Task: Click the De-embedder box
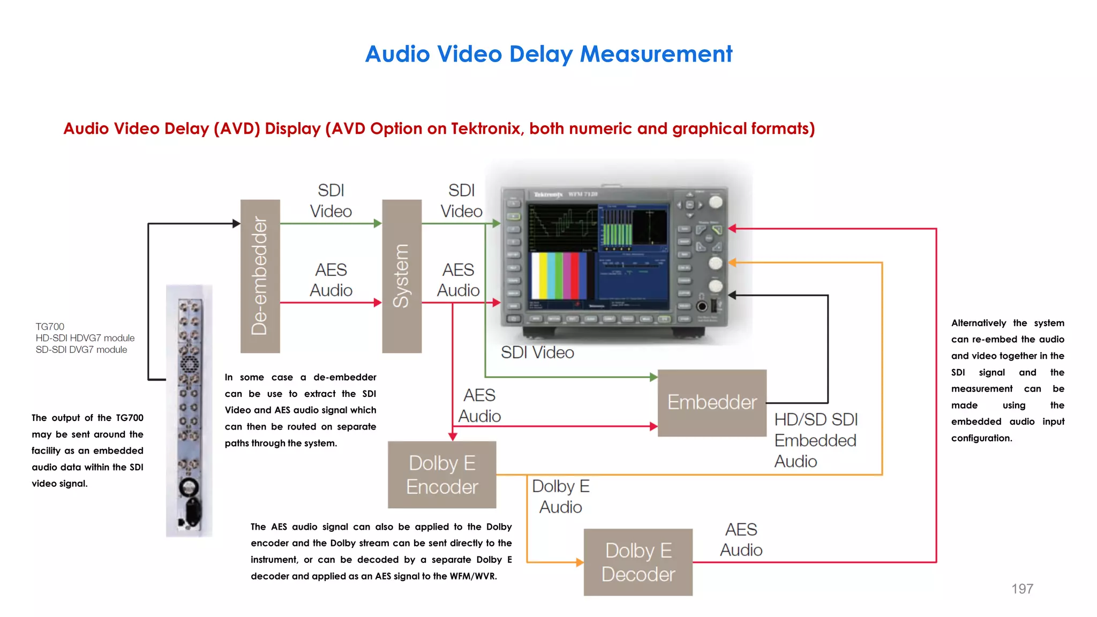(x=260, y=276)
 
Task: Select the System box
(x=402, y=276)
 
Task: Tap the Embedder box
(x=712, y=403)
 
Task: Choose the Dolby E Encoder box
(x=442, y=475)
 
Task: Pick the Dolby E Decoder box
(x=638, y=562)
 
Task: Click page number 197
(x=1022, y=589)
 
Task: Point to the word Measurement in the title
(x=656, y=54)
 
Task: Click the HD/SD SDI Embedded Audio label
(x=816, y=440)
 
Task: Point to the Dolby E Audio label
(x=561, y=496)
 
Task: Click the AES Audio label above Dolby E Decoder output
(x=741, y=539)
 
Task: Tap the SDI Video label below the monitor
(x=537, y=352)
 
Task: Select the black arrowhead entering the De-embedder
(x=236, y=223)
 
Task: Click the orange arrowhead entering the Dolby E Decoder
(x=580, y=562)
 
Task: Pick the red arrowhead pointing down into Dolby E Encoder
(x=453, y=437)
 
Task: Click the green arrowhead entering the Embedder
(x=653, y=377)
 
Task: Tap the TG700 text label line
(x=50, y=327)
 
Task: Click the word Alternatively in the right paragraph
(x=979, y=323)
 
